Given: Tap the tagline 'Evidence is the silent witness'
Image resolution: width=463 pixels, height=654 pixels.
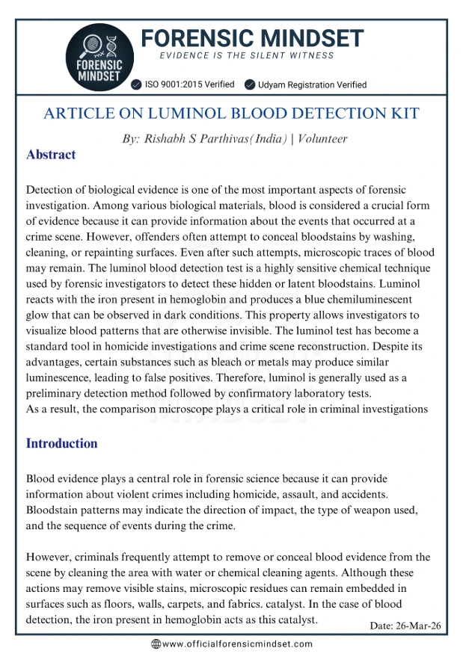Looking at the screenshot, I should click(247, 55).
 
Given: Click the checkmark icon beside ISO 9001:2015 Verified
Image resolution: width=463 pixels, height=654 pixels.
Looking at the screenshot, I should click(136, 84).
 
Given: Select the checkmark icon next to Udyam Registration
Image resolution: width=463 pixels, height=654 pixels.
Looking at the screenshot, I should click(250, 84).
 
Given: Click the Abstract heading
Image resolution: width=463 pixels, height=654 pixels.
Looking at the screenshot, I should click(51, 155).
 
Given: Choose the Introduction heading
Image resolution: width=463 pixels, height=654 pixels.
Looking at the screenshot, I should click(61, 443).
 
